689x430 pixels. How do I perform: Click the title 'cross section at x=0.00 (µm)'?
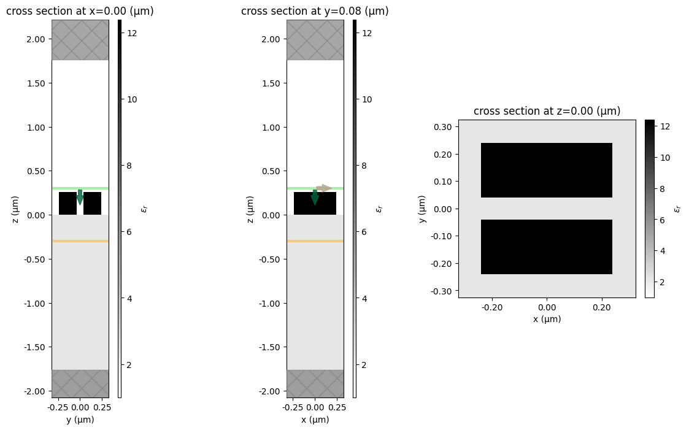click(x=80, y=11)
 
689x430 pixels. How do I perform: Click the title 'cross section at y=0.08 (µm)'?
click(x=315, y=11)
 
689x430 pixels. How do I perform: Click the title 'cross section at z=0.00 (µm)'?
click(x=547, y=111)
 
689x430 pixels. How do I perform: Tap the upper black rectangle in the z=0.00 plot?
click(x=547, y=170)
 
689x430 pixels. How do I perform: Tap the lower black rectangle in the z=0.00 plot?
click(x=547, y=247)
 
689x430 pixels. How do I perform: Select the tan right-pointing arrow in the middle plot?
click(x=324, y=188)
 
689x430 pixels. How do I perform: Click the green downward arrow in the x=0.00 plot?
click(x=80, y=197)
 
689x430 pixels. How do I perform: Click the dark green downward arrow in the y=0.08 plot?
click(x=315, y=197)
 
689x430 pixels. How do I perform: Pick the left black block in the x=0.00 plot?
click(x=67, y=203)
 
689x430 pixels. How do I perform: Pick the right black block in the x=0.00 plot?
click(x=93, y=203)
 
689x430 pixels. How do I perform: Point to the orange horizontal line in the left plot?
click(x=80, y=241)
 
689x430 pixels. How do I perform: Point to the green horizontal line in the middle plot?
click(x=301, y=188)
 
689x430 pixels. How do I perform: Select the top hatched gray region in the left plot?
click(x=80, y=40)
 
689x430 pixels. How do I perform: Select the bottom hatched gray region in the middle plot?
click(x=315, y=383)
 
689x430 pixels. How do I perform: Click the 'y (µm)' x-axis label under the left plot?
click(x=80, y=420)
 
